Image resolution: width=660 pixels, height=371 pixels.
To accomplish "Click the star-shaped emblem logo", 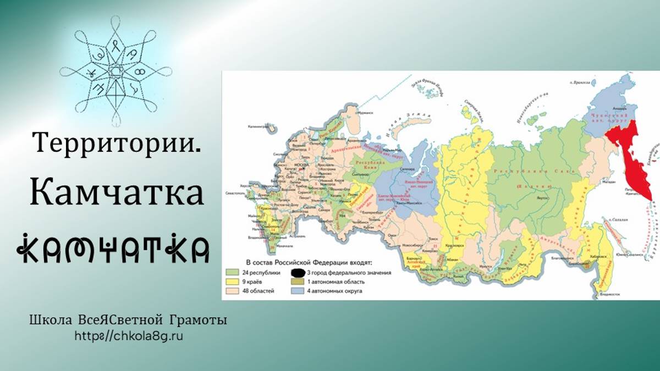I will [x=116, y=71].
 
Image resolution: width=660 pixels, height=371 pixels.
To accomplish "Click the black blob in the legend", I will [x=299, y=272].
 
